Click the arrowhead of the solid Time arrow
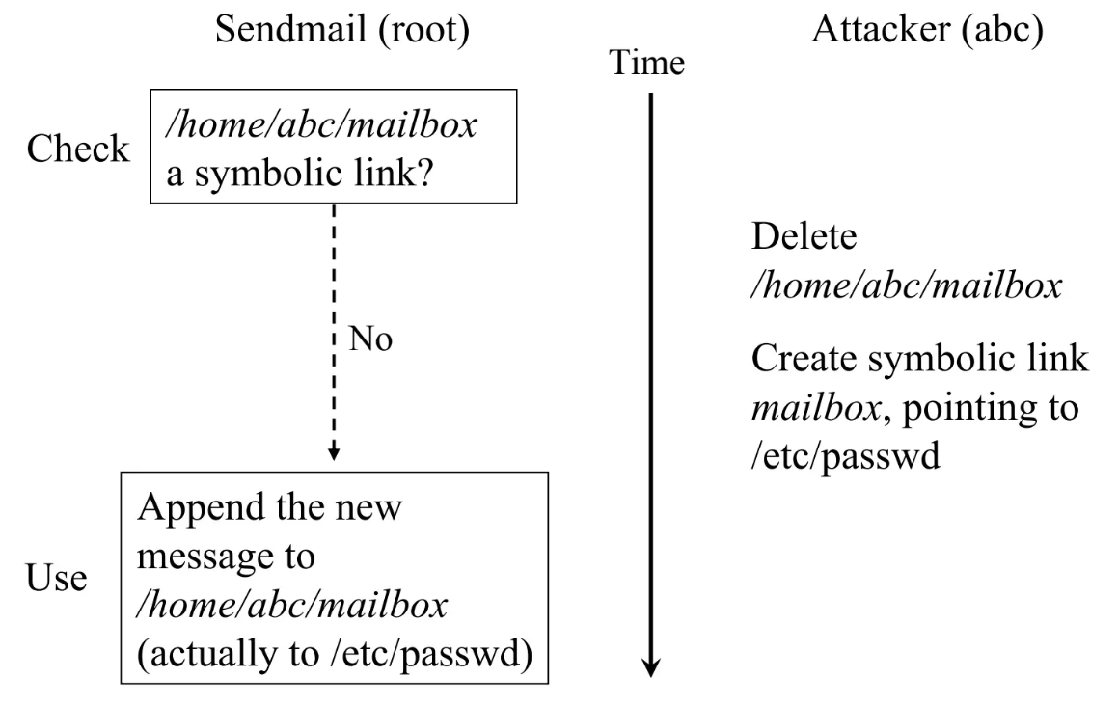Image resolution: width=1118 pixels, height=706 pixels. [653, 665]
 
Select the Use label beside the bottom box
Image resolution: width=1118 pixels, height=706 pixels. [57, 580]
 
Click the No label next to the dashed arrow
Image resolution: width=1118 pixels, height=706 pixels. [371, 340]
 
